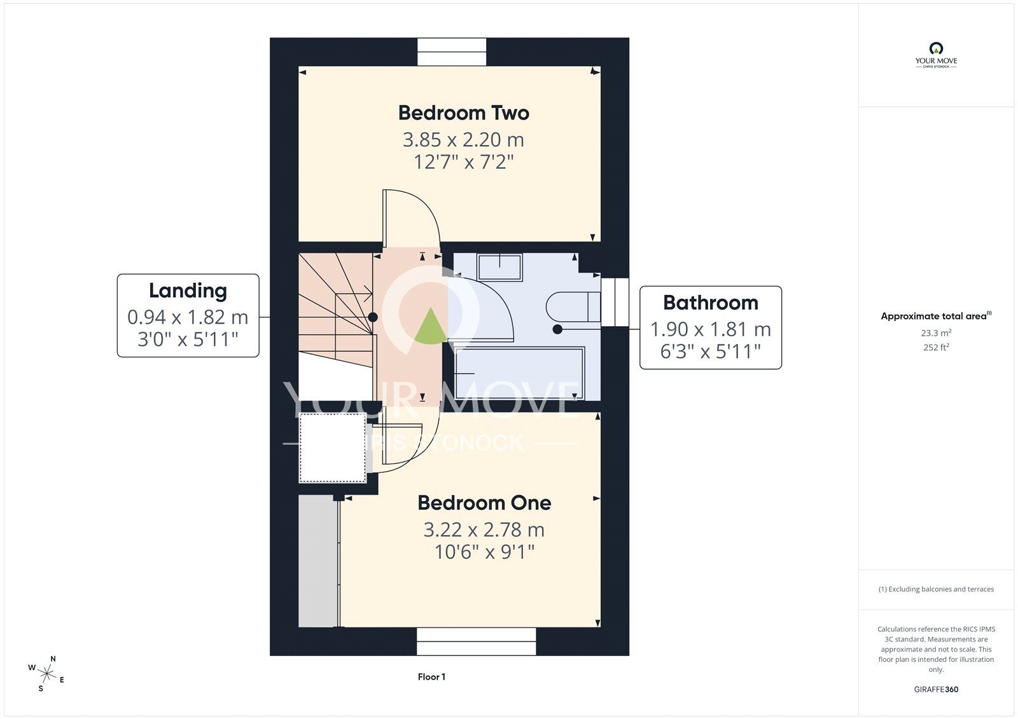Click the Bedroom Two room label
(x=464, y=113)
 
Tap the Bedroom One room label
(x=484, y=503)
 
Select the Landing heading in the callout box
(x=188, y=291)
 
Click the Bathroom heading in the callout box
(x=711, y=303)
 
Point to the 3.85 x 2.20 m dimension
(x=464, y=139)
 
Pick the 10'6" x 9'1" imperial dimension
(x=484, y=552)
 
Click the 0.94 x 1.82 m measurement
(x=188, y=317)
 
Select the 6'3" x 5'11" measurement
(x=710, y=351)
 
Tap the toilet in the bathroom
(x=573, y=307)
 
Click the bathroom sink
(x=500, y=266)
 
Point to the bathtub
(x=519, y=374)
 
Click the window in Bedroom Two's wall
(x=452, y=51)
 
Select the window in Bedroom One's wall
(x=477, y=641)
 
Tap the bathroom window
(x=615, y=302)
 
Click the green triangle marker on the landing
(x=430, y=325)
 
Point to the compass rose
(x=46, y=674)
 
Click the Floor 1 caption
(x=431, y=677)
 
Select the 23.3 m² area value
(x=936, y=333)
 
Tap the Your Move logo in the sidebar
(x=936, y=55)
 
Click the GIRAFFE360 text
(x=936, y=689)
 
